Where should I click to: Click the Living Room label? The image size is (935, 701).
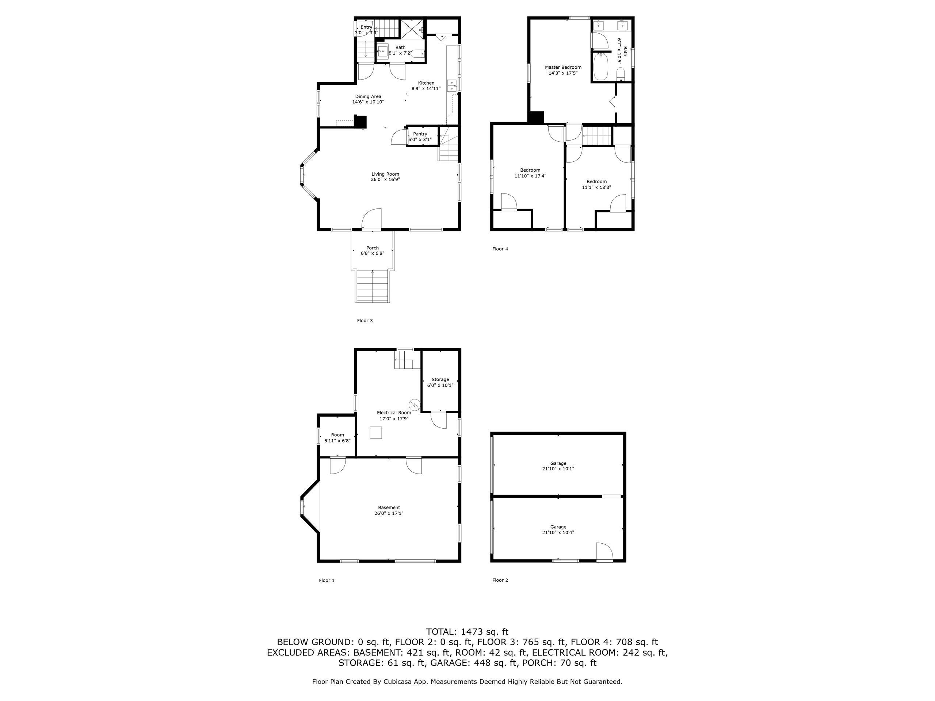[x=385, y=174]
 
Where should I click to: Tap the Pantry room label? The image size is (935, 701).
[x=420, y=134]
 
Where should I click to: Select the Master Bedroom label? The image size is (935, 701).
[x=562, y=67]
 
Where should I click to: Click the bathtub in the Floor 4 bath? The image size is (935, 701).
[x=600, y=67]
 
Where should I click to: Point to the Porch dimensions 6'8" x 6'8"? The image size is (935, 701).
[x=373, y=253]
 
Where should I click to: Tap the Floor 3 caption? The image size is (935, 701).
[x=365, y=321]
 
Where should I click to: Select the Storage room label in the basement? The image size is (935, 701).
[x=440, y=379]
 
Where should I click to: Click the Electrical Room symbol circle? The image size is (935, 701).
[x=415, y=405]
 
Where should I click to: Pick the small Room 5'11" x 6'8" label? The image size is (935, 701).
[x=337, y=435]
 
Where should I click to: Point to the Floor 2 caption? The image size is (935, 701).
[x=500, y=580]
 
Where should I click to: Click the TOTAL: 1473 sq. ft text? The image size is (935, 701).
[x=467, y=632]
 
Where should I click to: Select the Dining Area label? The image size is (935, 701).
[x=368, y=97]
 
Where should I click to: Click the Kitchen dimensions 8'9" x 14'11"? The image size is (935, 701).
[x=426, y=89]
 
